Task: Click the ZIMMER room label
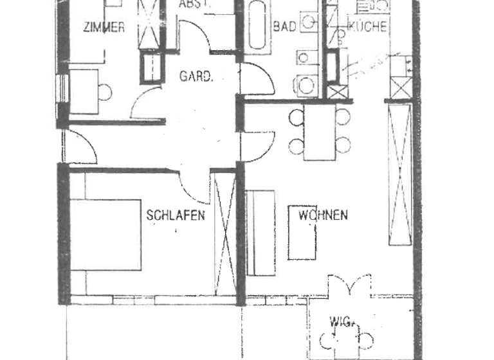click(104, 27)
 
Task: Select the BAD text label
click(284, 27)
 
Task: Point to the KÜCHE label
click(367, 26)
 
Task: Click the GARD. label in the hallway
click(196, 76)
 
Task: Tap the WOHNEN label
click(323, 215)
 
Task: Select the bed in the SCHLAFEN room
click(105, 234)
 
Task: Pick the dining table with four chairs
click(320, 131)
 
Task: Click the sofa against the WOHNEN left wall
click(261, 232)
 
